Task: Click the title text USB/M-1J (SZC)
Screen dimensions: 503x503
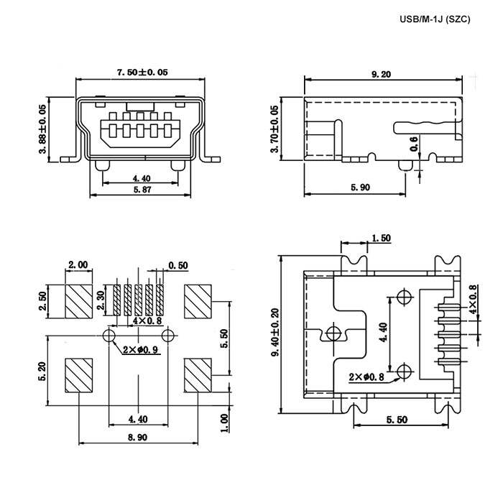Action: click(435, 19)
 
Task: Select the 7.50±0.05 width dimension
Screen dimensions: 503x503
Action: click(142, 72)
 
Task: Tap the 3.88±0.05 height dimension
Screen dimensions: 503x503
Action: click(42, 129)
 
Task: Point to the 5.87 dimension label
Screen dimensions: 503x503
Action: click(142, 190)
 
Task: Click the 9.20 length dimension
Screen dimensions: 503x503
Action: click(382, 75)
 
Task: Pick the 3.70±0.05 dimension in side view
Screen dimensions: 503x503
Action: click(275, 129)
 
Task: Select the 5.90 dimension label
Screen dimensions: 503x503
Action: click(361, 188)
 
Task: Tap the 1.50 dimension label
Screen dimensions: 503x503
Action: click(381, 238)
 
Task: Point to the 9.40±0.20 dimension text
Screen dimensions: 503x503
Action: click(275, 332)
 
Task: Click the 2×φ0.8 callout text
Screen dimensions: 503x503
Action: click(366, 377)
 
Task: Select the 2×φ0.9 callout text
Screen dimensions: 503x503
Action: click(141, 349)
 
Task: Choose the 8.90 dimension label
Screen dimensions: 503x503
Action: click(138, 437)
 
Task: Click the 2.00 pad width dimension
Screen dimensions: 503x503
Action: click(78, 265)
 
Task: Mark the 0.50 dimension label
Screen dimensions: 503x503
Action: click(178, 266)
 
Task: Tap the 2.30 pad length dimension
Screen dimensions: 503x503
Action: click(101, 300)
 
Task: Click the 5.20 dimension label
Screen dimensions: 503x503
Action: click(42, 371)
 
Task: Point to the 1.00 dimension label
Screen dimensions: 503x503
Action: click(225, 423)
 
